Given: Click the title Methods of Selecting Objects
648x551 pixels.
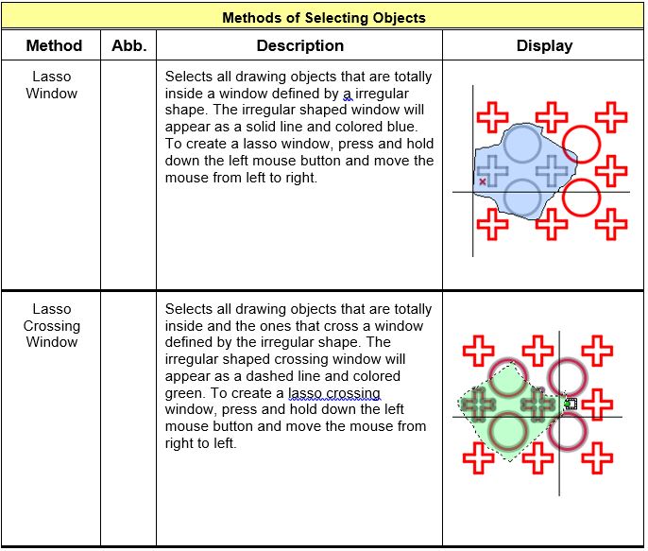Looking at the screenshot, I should (323, 17).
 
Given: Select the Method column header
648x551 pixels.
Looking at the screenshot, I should (53, 45).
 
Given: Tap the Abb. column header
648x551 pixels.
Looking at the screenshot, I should (128, 45).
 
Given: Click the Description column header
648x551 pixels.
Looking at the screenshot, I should (299, 45).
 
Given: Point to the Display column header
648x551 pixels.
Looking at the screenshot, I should (544, 45).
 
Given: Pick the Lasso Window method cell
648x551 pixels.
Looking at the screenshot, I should (52, 85).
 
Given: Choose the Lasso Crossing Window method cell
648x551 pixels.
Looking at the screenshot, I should (52, 326).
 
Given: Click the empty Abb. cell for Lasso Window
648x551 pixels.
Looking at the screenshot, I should (128, 175).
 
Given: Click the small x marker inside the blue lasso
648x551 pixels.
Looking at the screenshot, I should (483, 181).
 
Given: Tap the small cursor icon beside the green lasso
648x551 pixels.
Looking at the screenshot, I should (570, 404).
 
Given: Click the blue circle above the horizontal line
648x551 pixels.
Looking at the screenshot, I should (520, 145).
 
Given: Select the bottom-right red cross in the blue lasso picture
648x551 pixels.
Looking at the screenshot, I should (611, 225).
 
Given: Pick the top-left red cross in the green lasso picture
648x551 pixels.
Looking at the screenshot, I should (479, 353).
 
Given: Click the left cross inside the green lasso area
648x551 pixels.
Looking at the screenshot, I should (479, 405).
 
